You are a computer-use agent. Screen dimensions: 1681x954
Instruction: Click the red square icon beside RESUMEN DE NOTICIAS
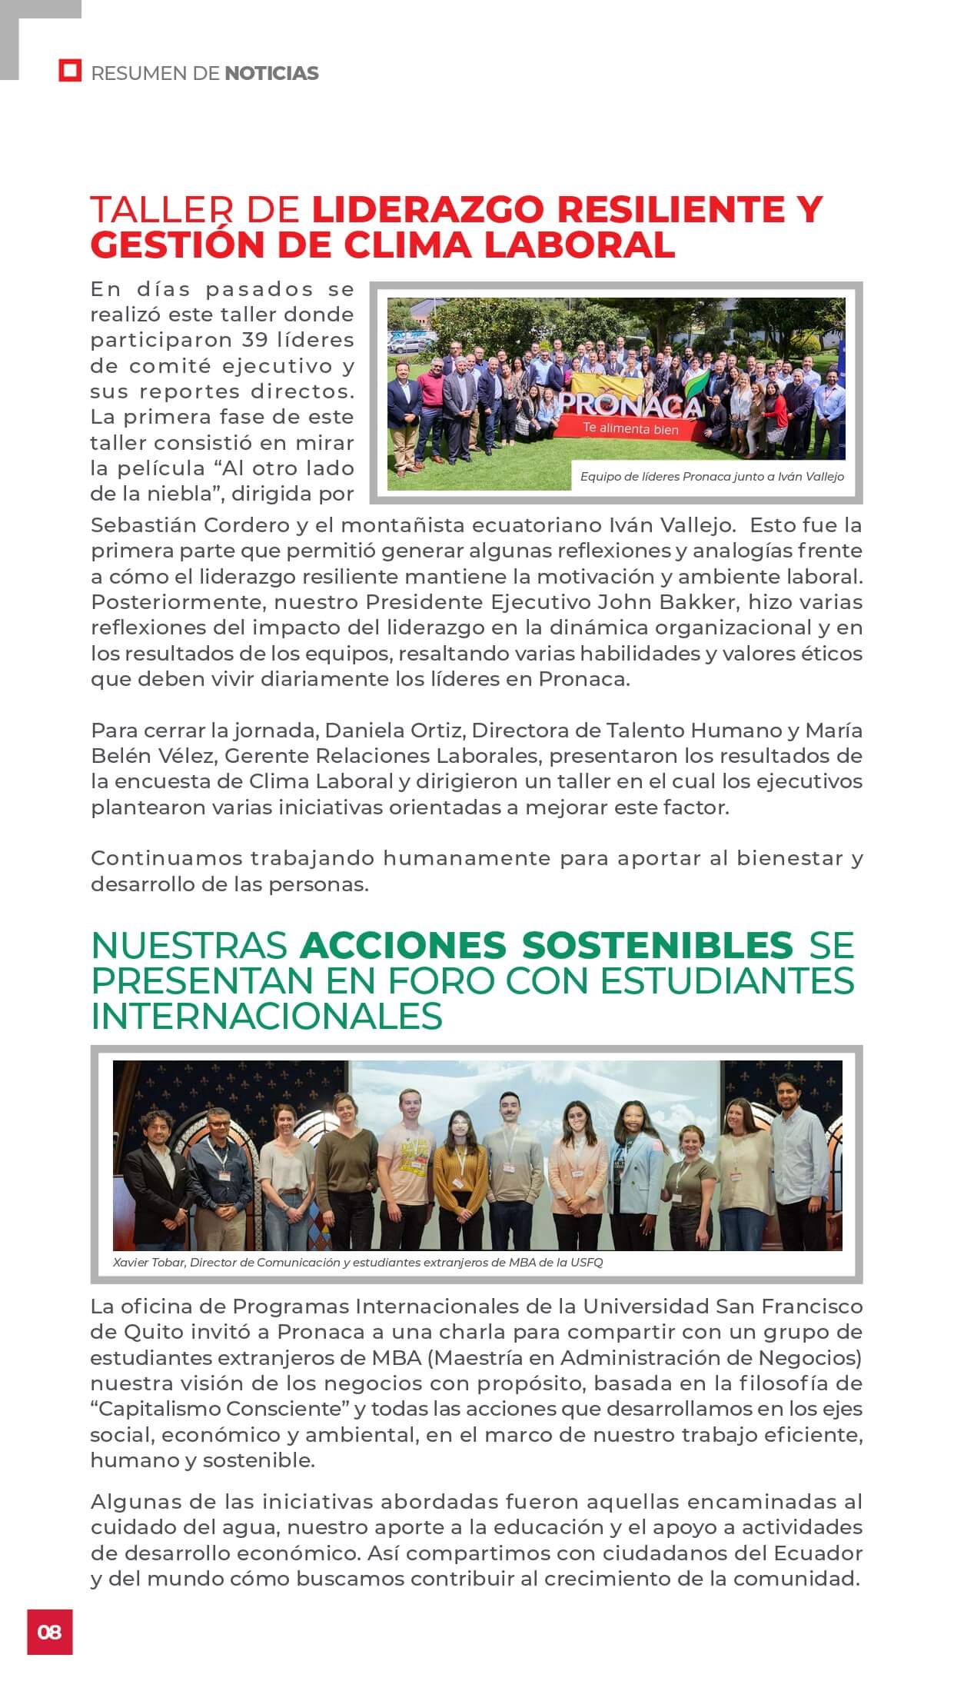(70, 72)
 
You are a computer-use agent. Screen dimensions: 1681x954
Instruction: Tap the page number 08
(49, 1631)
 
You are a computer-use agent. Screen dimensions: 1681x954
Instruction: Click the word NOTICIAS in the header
(271, 74)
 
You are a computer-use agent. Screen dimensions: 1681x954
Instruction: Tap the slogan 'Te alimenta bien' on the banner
(630, 428)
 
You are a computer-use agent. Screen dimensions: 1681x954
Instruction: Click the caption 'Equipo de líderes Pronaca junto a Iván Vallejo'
(712, 477)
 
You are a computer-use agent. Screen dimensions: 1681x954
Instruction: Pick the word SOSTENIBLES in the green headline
(657, 945)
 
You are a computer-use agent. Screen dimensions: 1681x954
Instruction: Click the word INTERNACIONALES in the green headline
(267, 1016)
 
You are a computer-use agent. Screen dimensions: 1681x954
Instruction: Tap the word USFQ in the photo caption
(587, 1262)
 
